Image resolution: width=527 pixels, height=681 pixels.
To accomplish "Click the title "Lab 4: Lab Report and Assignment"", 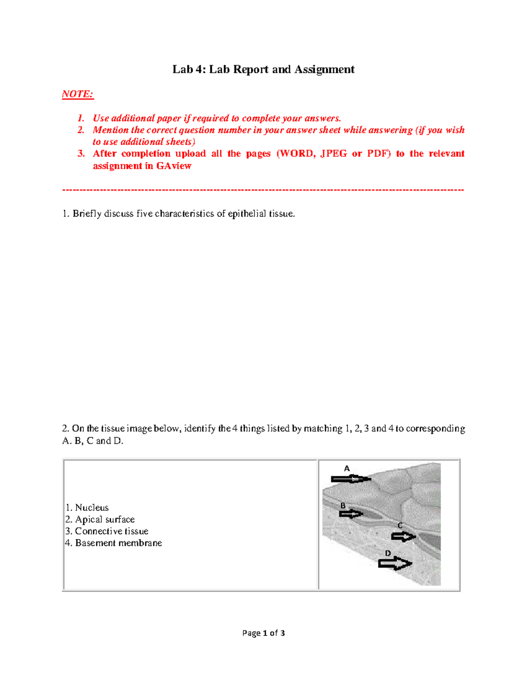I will coord(263,69).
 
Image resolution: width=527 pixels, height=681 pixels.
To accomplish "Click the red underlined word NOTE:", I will coord(78,94).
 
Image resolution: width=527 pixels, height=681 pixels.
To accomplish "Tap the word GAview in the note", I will coord(174,166).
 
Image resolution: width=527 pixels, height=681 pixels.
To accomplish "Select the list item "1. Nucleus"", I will coord(87,507).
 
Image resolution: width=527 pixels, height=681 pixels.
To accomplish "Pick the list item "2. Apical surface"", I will coord(100,519).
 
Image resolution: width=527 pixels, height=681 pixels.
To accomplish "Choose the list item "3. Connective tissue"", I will coord(107,531).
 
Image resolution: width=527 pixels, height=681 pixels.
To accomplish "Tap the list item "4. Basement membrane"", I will coord(114,543).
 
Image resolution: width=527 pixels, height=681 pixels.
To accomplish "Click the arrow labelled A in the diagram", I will coord(350,479).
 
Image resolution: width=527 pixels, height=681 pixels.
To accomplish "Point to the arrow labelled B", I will coord(351,514).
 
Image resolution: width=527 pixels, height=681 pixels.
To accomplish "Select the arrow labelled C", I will coord(403,536).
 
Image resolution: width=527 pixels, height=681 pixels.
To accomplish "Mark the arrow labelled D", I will coord(394,563).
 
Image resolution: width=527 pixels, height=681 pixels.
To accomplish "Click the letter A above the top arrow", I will coord(347,469).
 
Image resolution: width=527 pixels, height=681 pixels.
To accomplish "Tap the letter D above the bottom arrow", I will coord(387,553).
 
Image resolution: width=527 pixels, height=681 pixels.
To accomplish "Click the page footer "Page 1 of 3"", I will coord(263,633).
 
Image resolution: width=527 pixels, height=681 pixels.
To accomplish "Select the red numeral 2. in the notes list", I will coord(81,130).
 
